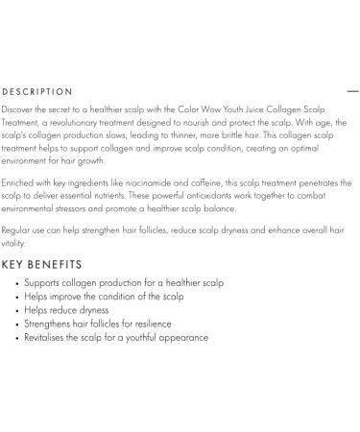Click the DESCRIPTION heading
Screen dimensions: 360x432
pyautogui.click(x=37, y=92)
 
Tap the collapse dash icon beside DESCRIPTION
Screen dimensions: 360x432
pyautogui.click(x=352, y=92)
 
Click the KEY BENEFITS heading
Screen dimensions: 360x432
pyautogui.click(x=41, y=264)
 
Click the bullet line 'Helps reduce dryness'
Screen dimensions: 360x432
pyautogui.click(x=66, y=310)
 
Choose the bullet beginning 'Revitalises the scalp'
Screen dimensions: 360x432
pyautogui.click(x=116, y=337)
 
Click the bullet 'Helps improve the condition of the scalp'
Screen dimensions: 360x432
pyautogui.click(x=104, y=297)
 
